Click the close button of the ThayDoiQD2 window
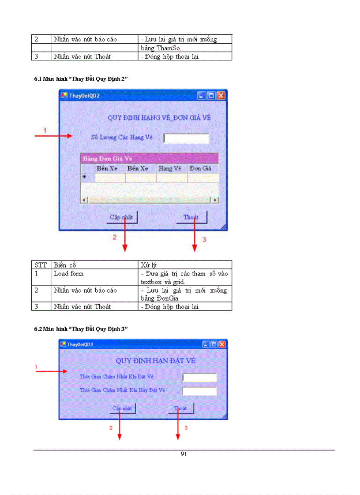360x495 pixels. (x=221, y=95)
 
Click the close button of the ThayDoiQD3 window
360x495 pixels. (x=222, y=344)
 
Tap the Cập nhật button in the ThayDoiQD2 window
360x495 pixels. (x=122, y=217)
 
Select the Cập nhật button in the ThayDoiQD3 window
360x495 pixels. (x=122, y=409)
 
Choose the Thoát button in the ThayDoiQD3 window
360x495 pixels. (x=180, y=409)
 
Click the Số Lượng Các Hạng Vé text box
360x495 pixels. (x=186, y=138)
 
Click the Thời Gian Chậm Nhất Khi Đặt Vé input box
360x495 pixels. (x=199, y=377)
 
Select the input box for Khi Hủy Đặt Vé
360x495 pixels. (x=199, y=391)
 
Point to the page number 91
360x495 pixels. (x=184, y=454)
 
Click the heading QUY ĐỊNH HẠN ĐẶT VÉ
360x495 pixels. (x=156, y=361)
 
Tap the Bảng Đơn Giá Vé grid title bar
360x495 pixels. (x=149, y=158)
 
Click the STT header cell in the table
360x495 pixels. (x=41, y=265)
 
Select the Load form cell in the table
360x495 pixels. (x=69, y=274)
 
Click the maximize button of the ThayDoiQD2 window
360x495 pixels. (x=211, y=95)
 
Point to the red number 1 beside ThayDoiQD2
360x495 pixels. (x=45, y=130)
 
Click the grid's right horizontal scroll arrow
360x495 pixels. (x=215, y=200)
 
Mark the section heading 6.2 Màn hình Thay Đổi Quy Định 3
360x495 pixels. (x=81, y=329)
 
